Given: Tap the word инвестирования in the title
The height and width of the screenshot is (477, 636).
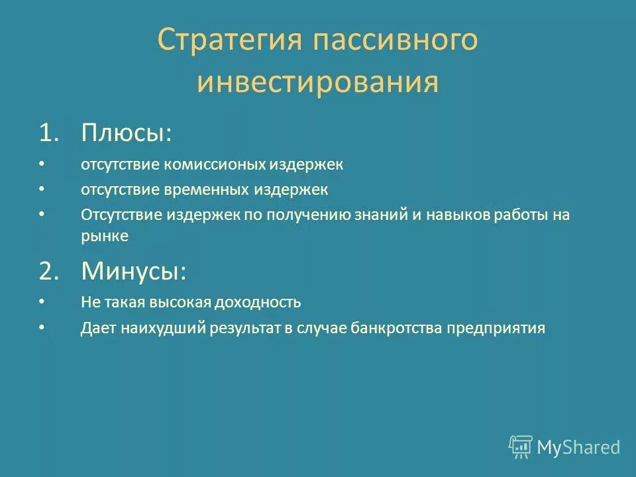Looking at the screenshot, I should (318, 84).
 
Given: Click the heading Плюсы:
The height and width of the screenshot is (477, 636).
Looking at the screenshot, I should (127, 132).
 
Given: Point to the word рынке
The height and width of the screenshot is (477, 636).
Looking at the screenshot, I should (105, 235).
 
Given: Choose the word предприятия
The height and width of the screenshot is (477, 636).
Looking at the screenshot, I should (496, 328).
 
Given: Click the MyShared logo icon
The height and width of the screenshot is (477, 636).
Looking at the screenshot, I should (521, 447).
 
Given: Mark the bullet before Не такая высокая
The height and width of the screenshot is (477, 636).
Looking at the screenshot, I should (42, 301).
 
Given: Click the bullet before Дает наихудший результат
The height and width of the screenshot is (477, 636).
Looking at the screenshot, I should (42, 327).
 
